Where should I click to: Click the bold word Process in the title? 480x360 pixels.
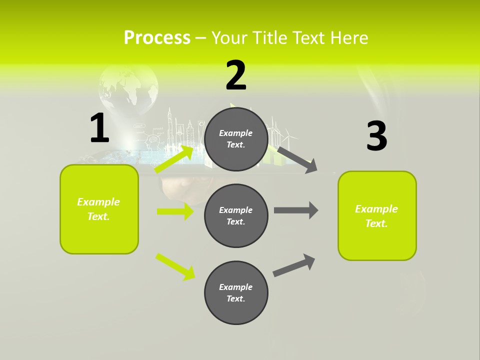[157, 37]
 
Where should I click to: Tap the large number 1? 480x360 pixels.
[99, 128]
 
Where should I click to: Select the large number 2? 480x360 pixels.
[236, 75]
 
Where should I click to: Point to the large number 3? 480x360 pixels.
[376, 136]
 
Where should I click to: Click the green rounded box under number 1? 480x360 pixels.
[99, 209]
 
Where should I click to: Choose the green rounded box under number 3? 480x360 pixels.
[377, 215]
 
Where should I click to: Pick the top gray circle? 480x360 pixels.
[236, 139]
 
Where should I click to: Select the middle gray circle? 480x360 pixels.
[236, 215]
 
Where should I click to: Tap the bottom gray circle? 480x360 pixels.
[236, 292]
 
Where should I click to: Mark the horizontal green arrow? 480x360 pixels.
[175, 211]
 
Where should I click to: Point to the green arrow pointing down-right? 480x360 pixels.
[175, 266]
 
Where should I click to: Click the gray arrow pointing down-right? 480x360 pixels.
[297, 159]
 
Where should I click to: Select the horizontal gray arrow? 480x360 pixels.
[296, 210]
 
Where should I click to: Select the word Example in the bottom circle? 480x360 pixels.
[236, 287]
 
